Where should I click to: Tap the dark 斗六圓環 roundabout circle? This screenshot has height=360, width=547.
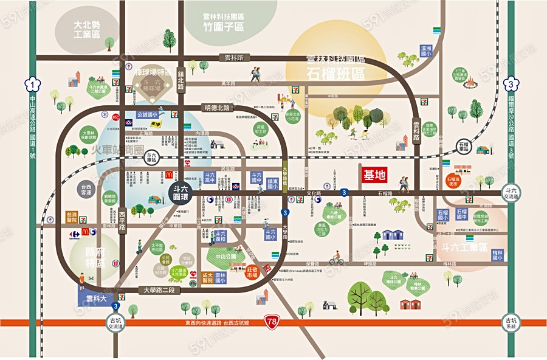(179, 193)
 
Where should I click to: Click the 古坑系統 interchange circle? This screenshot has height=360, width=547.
(511, 322)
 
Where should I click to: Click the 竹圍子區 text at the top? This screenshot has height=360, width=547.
(223, 27)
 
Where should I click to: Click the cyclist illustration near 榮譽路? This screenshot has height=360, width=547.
(337, 259)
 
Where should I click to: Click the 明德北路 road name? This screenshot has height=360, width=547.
(218, 108)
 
